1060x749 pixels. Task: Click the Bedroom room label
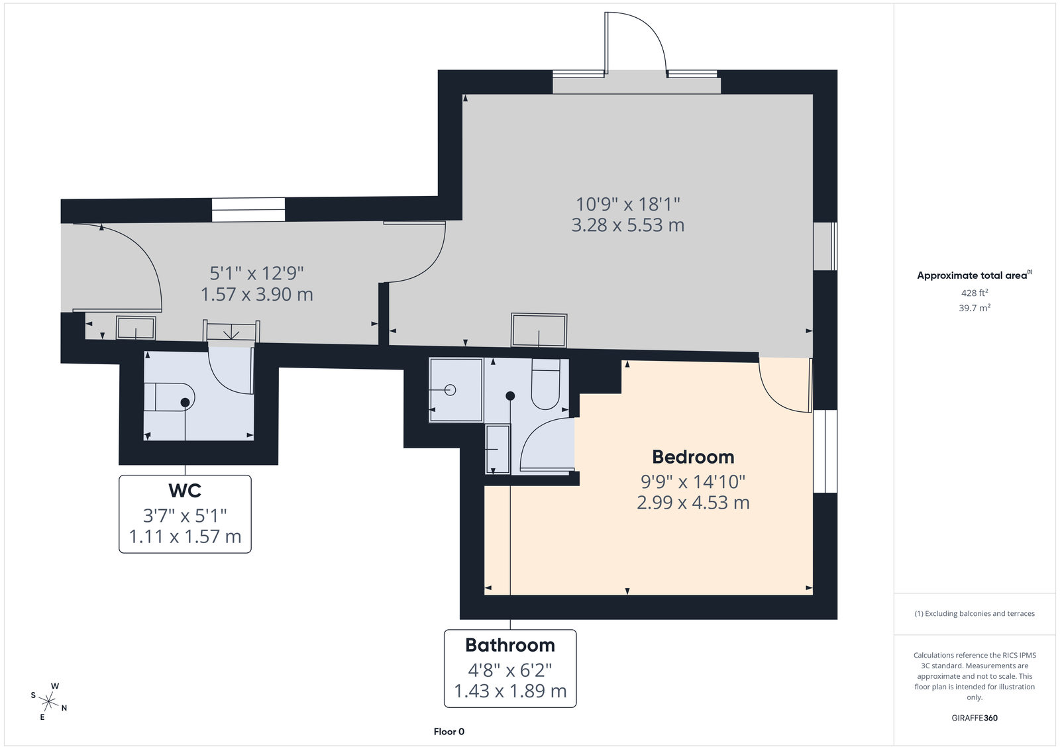pos(693,457)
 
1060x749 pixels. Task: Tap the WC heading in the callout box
pos(185,491)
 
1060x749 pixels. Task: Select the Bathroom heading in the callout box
pos(510,646)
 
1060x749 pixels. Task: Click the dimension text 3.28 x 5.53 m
pos(628,225)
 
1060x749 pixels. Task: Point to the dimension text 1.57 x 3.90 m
pos(257,294)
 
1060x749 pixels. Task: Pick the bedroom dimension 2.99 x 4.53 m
pos(693,503)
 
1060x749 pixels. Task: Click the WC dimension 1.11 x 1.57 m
pos(185,536)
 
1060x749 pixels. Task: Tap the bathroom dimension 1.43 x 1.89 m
pos(510,691)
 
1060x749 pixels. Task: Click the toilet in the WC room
pos(169,397)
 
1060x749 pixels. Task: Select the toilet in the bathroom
pos(546,383)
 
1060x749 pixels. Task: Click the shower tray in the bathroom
pos(456,390)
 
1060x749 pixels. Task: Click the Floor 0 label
pos(449,732)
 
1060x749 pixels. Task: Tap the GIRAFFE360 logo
pos(975,718)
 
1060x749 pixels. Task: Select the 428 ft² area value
pos(975,293)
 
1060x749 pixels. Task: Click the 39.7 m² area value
pos(975,308)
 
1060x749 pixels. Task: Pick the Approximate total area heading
pos(975,275)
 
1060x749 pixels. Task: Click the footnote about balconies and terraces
pos(975,614)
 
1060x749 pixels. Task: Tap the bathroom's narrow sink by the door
pos(498,449)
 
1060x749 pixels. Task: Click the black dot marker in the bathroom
pos(510,395)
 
